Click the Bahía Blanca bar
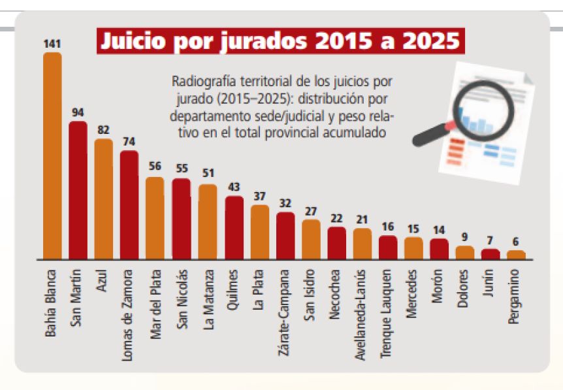click(52, 157)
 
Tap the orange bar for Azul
click(103, 199)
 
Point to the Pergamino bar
click(516, 255)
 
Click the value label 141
click(52, 44)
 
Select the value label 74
click(129, 141)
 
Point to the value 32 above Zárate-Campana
click(285, 203)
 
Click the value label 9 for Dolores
click(465, 237)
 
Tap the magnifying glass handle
click(428, 135)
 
